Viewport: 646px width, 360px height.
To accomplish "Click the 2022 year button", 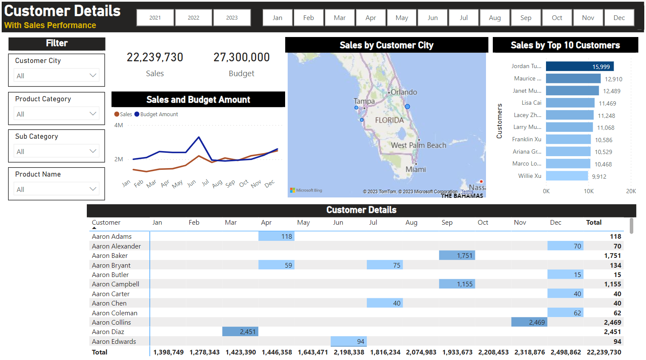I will (x=194, y=18).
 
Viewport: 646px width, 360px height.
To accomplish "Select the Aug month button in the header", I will (x=495, y=18).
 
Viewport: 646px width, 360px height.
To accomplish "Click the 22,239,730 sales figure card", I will (x=155, y=57).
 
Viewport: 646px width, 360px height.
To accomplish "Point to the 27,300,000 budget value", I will (x=241, y=57).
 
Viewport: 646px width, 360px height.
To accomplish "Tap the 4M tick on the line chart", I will (x=119, y=126).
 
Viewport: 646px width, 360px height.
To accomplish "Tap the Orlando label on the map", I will (x=404, y=92).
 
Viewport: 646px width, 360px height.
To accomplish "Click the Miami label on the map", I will (x=416, y=169).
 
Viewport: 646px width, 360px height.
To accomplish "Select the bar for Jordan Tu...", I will (x=580, y=66).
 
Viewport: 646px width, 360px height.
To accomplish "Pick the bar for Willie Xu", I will (x=567, y=176).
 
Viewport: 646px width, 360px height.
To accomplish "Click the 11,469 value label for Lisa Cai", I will (x=607, y=103).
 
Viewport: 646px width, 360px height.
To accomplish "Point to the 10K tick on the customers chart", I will (x=589, y=191).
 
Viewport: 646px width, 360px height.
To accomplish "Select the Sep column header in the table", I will (x=447, y=223).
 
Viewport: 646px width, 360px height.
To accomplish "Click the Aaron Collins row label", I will (x=111, y=323).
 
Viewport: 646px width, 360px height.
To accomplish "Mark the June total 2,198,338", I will (x=349, y=352).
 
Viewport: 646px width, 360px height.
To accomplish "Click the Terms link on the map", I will (x=467, y=192).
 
